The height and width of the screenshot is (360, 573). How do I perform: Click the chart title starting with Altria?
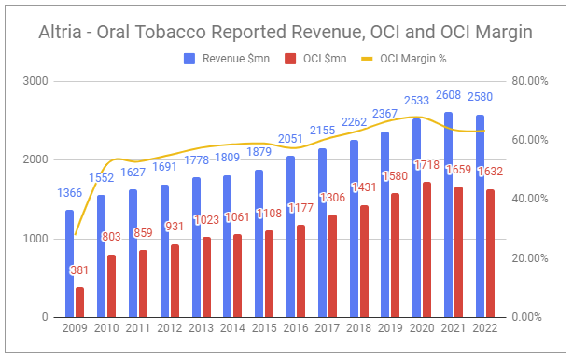(x=286, y=33)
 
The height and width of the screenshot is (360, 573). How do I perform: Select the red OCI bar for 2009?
(x=80, y=302)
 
